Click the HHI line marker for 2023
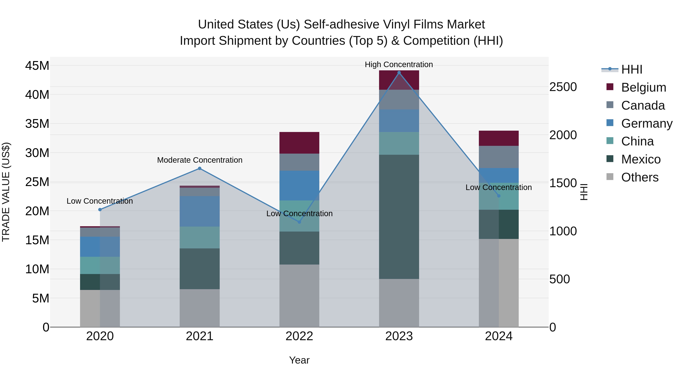point(399,73)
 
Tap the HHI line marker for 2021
point(200,168)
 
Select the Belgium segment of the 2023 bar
point(399,80)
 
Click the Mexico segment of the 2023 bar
point(399,217)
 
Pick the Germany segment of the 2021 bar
point(200,211)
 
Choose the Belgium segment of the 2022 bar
point(299,143)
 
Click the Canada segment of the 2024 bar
point(499,157)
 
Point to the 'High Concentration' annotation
point(399,65)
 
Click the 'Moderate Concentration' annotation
point(200,160)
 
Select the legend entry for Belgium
point(644,87)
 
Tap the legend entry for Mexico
point(641,159)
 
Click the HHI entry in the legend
point(632,69)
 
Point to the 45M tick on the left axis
point(37,65)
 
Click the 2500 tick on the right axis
point(563,87)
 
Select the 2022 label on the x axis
point(299,336)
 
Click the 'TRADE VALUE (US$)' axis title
point(6,192)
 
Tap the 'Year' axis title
point(299,360)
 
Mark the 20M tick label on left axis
point(37,211)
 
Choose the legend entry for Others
point(640,177)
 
